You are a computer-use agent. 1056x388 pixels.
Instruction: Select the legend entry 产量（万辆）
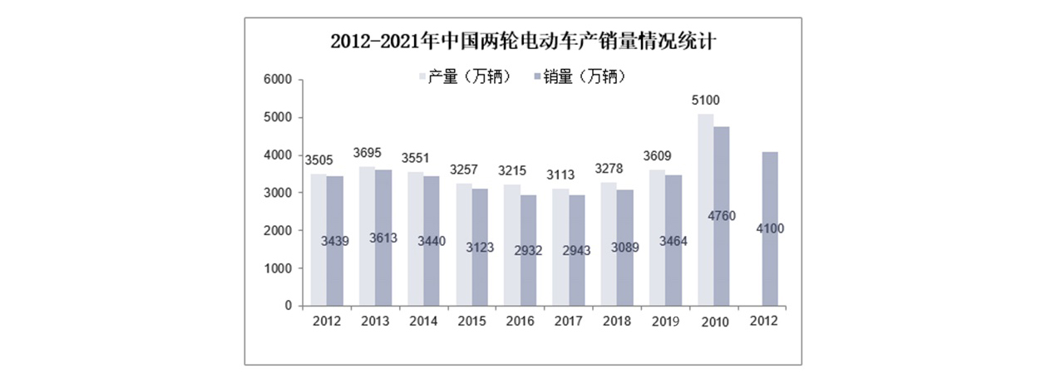point(465,77)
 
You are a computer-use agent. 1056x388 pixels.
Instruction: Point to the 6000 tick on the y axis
point(278,80)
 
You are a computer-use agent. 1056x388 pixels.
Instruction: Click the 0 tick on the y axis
point(288,306)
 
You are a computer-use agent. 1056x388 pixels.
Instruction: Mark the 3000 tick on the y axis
point(278,193)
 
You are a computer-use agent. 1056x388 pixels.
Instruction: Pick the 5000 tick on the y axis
point(278,117)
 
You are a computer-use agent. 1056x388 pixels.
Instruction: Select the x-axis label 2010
point(714,322)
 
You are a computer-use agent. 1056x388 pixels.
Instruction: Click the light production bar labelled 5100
point(705,208)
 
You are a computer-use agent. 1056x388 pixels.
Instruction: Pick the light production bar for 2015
point(463,244)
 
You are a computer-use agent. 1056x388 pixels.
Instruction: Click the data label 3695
point(368,154)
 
